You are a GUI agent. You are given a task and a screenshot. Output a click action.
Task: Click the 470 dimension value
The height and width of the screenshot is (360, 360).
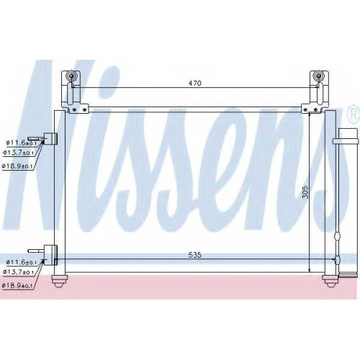pyautogui.click(x=194, y=84)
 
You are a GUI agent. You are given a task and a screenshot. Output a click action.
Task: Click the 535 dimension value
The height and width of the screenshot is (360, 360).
pyautogui.click(x=194, y=255)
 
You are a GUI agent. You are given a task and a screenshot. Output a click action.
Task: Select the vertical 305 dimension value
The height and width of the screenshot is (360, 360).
pyautogui.click(x=305, y=192)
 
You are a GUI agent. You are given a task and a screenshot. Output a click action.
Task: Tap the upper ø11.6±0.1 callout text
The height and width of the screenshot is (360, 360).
pyautogui.click(x=22, y=143)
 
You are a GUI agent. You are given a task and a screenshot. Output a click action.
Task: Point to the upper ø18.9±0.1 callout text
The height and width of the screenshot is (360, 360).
pyautogui.click(x=17, y=166)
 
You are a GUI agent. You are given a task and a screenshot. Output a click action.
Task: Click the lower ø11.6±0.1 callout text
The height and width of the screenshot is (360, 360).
pyautogui.click(x=22, y=262)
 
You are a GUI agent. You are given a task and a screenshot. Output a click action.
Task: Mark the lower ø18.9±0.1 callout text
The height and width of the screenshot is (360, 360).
pyautogui.click(x=17, y=286)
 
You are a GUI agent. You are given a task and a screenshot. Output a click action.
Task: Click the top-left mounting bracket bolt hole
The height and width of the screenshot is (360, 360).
pyautogui.click(x=71, y=76)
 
